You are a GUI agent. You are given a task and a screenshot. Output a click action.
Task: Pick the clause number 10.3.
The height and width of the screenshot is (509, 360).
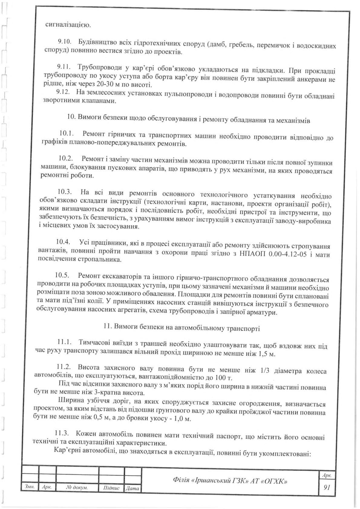64,192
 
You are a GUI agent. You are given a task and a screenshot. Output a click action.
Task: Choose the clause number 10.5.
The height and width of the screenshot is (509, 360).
63,276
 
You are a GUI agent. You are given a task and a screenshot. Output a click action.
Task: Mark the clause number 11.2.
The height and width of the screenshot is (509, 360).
64,367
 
